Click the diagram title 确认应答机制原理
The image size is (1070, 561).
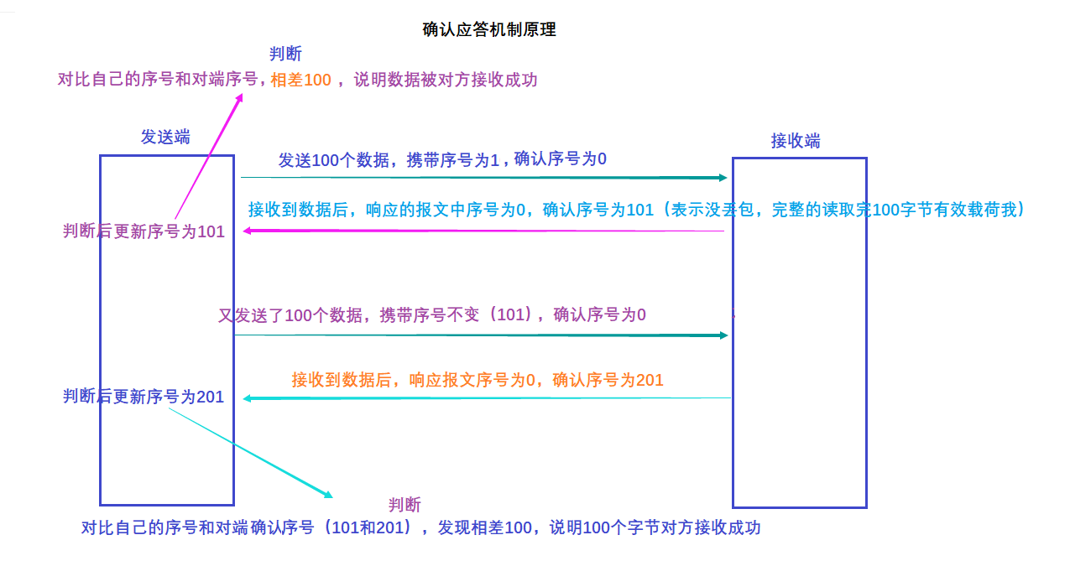click(489, 30)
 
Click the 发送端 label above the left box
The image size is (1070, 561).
click(165, 138)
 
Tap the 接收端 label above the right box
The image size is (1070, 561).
click(796, 141)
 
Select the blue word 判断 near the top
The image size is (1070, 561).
click(285, 55)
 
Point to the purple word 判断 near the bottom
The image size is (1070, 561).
click(405, 505)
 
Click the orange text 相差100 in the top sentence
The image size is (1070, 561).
click(300, 81)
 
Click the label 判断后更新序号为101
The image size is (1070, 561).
click(144, 231)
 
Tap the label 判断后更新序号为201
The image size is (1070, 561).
click(144, 397)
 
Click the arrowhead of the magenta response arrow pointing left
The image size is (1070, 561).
click(248, 231)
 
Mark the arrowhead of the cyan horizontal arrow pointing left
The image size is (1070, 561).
click(248, 398)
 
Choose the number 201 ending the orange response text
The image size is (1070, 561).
click(650, 380)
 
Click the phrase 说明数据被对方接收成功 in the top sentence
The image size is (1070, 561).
click(446, 81)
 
